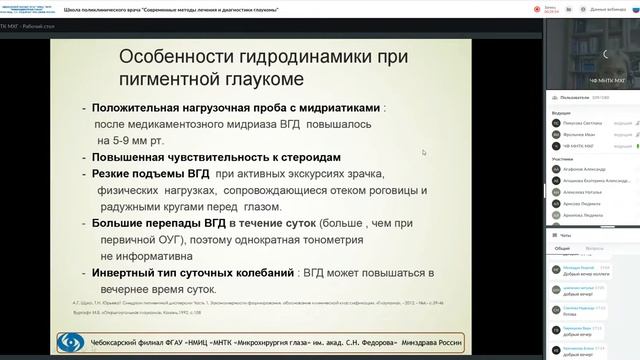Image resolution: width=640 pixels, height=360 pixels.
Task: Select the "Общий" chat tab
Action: click(x=562, y=246)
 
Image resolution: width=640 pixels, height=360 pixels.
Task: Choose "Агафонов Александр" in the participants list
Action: click(x=589, y=170)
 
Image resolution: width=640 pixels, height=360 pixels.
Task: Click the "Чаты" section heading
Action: click(x=566, y=233)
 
